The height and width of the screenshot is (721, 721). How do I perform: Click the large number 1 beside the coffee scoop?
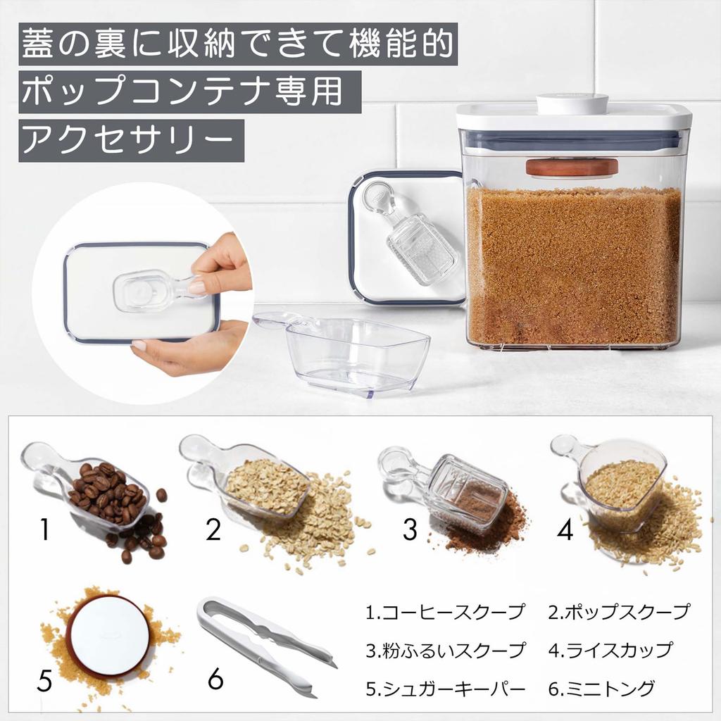tap(44, 529)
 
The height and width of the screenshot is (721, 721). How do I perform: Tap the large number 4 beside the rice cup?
tap(565, 529)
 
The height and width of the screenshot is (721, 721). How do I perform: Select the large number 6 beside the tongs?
tap(215, 679)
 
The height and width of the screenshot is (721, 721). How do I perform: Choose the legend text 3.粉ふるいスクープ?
tap(445, 650)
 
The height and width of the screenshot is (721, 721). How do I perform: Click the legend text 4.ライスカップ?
tap(610, 650)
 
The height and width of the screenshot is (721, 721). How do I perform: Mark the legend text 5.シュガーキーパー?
tap(445, 688)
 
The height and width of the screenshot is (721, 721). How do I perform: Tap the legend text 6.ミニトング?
tap(601, 688)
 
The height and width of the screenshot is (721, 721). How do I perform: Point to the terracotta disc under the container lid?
tap(572, 168)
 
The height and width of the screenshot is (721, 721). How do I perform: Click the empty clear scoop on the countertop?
tap(345, 352)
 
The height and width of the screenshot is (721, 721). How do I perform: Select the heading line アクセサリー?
tap(131, 141)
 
